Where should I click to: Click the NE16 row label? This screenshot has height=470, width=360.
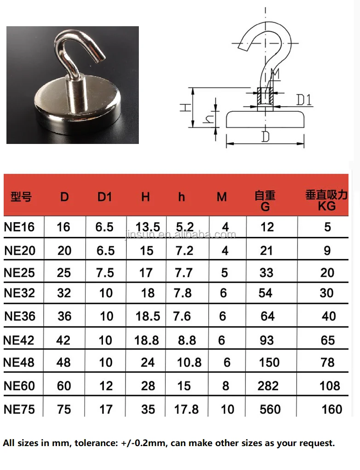click(19, 227)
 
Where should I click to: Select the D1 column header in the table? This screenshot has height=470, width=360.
click(105, 197)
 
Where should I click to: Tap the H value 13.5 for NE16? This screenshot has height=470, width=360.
click(148, 227)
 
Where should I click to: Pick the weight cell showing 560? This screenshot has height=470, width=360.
click(270, 409)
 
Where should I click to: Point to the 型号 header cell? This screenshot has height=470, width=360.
click(21, 197)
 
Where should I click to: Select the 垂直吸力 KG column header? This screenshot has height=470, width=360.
click(326, 200)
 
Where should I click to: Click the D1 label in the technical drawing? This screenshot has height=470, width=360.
click(304, 99)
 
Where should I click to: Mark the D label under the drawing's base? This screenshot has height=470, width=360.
click(265, 137)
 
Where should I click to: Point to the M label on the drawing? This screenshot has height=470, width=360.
click(275, 74)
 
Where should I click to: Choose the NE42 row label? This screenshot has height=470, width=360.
click(19, 340)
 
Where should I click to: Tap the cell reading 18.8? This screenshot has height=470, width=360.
click(147, 340)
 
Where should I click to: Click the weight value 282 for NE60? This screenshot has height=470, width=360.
click(268, 385)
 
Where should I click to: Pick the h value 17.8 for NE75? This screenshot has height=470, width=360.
click(187, 409)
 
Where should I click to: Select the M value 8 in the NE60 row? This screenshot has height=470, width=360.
click(225, 385)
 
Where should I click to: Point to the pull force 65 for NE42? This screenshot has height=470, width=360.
click(328, 340)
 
